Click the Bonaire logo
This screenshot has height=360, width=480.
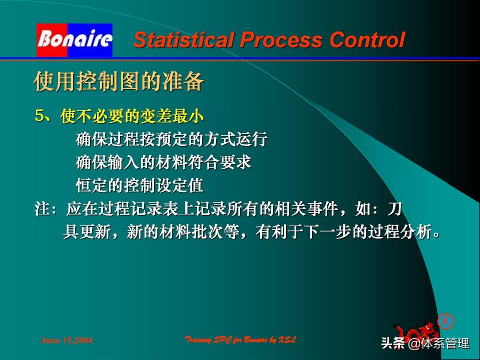tap(74, 40)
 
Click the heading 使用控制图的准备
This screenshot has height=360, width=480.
tap(119, 81)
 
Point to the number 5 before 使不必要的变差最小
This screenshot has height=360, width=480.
tap(40, 116)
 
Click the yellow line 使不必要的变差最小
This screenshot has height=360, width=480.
tap(132, 116)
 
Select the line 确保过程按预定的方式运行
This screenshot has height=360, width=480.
tap(171, 139)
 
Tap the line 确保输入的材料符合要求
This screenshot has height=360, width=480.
tap(163, 162)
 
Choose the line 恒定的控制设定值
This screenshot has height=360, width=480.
tap(139, 185)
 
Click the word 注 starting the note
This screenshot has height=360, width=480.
tap(41, 209)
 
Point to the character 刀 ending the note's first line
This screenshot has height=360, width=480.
tap(395, 209)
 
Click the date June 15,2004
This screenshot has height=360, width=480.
tap(66, 340)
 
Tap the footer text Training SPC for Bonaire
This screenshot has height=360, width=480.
tap(240, 340)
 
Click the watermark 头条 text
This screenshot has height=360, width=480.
tap(392, 344)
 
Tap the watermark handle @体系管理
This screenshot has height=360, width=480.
tap(439, 344)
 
